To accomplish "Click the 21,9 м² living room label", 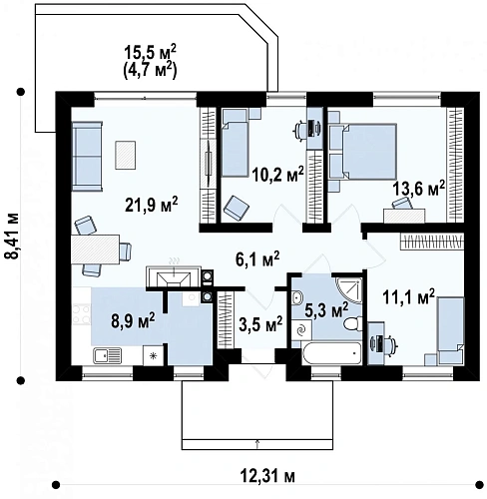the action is tap(152, 204).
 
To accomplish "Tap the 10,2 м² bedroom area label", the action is tap(277, 174).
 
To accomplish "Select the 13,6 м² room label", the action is tap(418, 189).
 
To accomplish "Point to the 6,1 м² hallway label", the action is tap(257, 259).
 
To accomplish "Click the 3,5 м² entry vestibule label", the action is tap(260, 324).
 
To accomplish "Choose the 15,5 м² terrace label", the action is tap(150, 53).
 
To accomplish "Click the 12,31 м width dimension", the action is tap(267, 476).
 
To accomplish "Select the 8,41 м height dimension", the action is tap(12, 236).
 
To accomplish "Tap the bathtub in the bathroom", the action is tap(331, 353).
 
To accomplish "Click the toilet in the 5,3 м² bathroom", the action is tap(352, 323).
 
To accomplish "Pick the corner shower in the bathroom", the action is tap(348, 289).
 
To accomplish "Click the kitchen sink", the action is tap(107, 355).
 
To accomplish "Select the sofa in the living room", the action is tap(87, 156).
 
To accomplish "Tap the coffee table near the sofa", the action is tap(126, 155).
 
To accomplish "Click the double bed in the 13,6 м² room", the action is tap(369, 152).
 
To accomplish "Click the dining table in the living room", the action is tap(95, 249).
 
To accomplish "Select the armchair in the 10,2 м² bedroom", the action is tap(237, 209).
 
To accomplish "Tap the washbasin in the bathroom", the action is tap(297, 296).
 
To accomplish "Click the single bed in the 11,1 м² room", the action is tap(451, 330).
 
